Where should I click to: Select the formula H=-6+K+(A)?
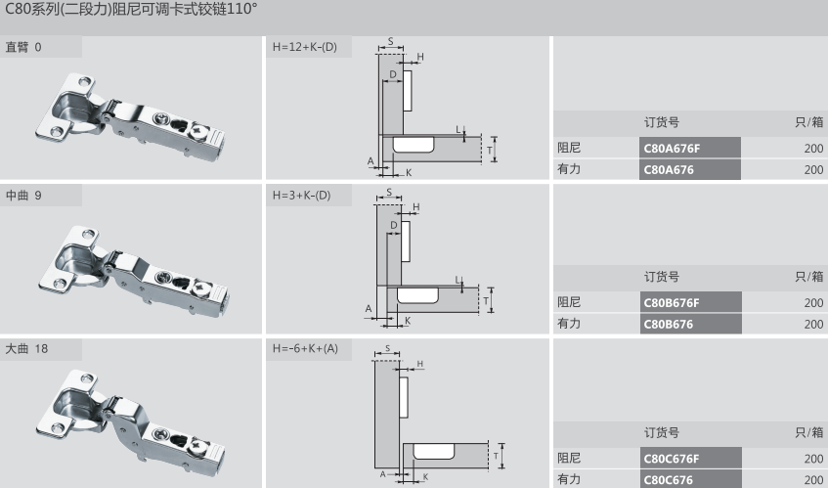304,348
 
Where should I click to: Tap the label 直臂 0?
23,47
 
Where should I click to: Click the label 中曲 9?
23,195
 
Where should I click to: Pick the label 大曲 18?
27,348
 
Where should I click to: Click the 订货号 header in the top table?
661,123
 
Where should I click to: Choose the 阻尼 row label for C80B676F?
569,302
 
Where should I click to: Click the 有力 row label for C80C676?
569,479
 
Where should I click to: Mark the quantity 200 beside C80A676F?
813,149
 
